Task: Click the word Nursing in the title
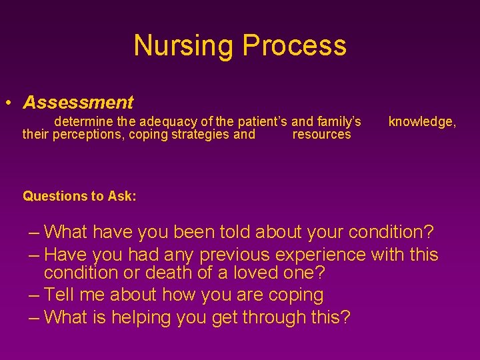click(x=185, y=45)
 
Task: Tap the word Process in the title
click(x=294, y=45)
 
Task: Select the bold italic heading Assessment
click(x=78, y=103)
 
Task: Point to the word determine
click(x=84, y=122)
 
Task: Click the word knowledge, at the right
click(x=422, y=122)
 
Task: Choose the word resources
click(x=321, y=135)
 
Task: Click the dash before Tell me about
click(x=35, y=295)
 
